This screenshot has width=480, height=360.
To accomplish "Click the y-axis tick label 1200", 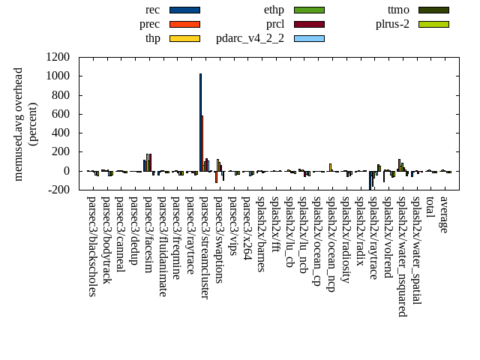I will click(57, 57).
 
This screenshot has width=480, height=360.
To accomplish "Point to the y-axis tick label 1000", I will click(57, 76).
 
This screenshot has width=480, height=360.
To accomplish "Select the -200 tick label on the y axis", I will click(57, 190).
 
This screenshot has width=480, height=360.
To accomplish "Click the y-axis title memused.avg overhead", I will click(19, 124).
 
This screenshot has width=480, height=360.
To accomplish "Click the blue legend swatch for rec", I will click(184, 10).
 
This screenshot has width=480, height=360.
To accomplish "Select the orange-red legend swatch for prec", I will click(184, 24).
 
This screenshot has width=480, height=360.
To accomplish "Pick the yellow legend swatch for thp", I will click(184, 37).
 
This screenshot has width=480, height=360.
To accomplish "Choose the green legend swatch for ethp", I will click(309, 10).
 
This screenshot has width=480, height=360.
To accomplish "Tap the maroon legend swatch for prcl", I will click(309, 24).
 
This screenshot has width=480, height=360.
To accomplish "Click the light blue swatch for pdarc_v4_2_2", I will click(309, 37).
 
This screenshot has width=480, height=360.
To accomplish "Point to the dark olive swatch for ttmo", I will click(433, 10).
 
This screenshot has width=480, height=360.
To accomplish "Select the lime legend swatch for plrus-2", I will click(433, 24).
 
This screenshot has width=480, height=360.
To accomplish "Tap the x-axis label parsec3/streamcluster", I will click(204, 247).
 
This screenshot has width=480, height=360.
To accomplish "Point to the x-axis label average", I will click(444, 214).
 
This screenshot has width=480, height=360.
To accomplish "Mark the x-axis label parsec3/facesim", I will click(148, 236).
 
